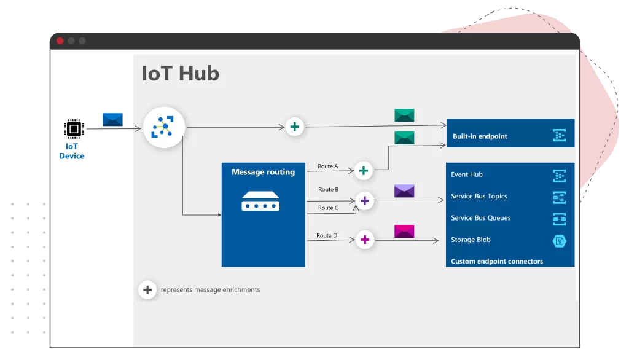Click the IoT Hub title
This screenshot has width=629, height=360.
click(180, 74)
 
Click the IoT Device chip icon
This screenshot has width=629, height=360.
click(74, 128)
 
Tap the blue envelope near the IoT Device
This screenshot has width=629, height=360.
click(112, 120)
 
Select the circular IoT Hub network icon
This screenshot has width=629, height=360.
click(164, 128)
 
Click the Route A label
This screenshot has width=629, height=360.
click(327, 166)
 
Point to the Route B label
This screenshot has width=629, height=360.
click(328, 190)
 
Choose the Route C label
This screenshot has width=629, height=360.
click(328, 208)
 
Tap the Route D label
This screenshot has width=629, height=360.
click(327, 236)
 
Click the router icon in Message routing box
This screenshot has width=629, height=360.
click(260, 201)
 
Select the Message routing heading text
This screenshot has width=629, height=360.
click(263, 173)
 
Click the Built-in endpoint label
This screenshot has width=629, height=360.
click(480, 136)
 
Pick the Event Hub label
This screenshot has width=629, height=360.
click(467, 174)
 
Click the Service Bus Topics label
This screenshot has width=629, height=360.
click(479, 197)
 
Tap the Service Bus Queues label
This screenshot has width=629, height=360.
click(480, 218)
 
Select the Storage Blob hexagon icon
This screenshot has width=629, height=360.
click(559, 241)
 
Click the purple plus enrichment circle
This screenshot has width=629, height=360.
click(365, 200)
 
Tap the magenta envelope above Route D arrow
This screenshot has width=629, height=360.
click(404, 231)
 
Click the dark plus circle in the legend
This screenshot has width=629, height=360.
click(147, 289)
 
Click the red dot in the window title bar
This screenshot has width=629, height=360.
click(60, 41)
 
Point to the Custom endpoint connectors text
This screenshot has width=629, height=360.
click(497, 262)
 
